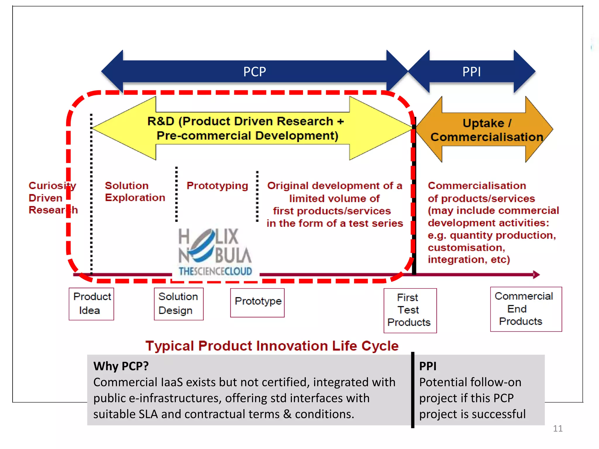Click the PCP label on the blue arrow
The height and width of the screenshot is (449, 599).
[254, 72]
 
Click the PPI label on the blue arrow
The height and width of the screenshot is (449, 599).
[471, 72]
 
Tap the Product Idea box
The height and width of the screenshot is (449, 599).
[91, 304]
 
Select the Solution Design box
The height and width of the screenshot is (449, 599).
[178, 304]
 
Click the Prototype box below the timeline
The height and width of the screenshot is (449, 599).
[257, 302]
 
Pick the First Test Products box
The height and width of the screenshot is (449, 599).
[410, 310]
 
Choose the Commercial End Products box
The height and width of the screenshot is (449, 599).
[526, 309]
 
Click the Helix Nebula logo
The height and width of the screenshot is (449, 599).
[215, 252]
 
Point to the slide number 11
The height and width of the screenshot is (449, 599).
[557, 429]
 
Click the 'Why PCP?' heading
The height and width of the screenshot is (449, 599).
[121, 366]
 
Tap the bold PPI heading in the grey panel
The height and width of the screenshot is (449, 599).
[428, 366]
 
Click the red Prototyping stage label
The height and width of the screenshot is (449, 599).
[217, 186]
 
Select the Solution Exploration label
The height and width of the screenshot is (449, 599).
[135, 191]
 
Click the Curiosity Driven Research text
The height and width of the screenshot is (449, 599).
[52, 198]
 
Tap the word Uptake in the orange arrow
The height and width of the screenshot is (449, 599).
[483, 123]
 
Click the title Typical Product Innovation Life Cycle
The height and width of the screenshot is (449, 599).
[272, 346]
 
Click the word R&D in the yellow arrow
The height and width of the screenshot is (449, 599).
[161, 121]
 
